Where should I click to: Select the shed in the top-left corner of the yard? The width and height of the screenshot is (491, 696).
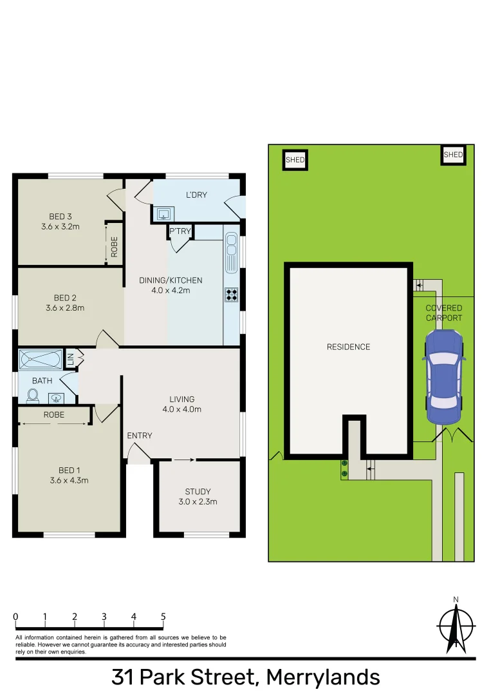(295, 159)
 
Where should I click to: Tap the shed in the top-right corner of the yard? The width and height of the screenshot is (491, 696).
(453, 155)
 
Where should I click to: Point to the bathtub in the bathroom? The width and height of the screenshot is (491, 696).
(40, 358)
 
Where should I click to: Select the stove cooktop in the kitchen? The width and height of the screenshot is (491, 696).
(232, 295)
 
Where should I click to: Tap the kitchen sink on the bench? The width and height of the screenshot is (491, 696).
(231, 251)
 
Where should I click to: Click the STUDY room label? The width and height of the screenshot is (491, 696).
(198, 492)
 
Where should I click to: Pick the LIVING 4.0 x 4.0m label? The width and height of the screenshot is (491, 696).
(181, 404)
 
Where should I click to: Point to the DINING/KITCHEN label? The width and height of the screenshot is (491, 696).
(171, 280)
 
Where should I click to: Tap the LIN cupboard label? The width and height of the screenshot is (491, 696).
(70, 360)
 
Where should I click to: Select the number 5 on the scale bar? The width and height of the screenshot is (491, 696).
(163, 617)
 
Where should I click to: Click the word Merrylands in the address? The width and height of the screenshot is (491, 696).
(322, 678)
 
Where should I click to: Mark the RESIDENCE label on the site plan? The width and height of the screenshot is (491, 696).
(348, 347)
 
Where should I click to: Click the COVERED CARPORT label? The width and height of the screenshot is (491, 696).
(443, 313)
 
